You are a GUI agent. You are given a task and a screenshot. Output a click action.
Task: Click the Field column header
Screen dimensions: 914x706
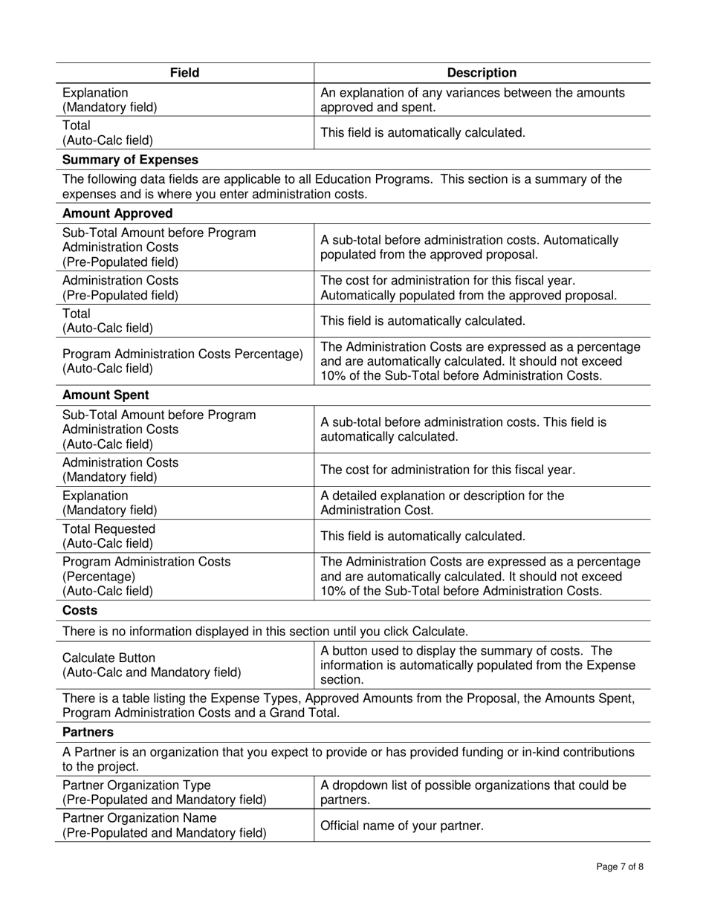pos(184,73)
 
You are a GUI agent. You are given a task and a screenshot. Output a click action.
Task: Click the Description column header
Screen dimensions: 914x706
pos(482,73)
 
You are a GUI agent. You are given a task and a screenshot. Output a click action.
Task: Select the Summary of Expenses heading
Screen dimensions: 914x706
pos(130,160)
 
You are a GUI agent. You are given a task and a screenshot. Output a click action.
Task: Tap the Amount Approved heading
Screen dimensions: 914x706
pos(117,213)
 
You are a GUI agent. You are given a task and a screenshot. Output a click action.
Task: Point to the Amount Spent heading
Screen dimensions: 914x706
pos(106,395)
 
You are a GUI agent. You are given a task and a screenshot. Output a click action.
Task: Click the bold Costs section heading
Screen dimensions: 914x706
pos(80,611)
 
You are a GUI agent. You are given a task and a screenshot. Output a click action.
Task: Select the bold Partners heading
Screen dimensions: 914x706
pos(87,732)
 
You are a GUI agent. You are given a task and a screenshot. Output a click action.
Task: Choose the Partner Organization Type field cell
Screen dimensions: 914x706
pos(164,792)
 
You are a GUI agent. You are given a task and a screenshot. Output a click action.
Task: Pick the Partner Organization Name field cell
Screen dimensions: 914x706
pos(164,825)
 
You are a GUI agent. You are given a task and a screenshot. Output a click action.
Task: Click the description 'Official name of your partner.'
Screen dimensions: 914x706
pos(401,826)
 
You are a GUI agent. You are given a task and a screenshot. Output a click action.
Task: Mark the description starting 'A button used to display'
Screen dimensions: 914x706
pos(477,665)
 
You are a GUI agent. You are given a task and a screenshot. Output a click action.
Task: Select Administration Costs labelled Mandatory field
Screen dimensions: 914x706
pos(120,470)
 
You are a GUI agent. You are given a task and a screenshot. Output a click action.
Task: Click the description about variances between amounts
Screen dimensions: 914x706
pos(472,100)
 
